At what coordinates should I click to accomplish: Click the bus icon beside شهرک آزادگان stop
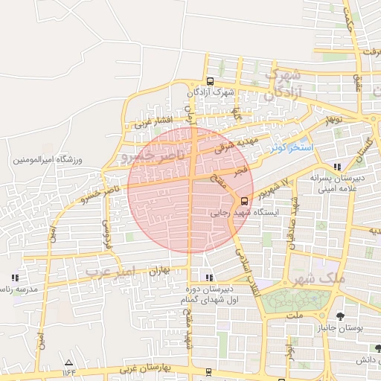210,82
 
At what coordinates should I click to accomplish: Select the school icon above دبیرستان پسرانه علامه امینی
338,167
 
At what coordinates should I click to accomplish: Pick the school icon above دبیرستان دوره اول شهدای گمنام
208,278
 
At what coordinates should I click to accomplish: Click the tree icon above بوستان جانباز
341,316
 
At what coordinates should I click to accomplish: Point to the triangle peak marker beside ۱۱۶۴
69,362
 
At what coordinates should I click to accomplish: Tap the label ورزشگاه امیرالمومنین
50,161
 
